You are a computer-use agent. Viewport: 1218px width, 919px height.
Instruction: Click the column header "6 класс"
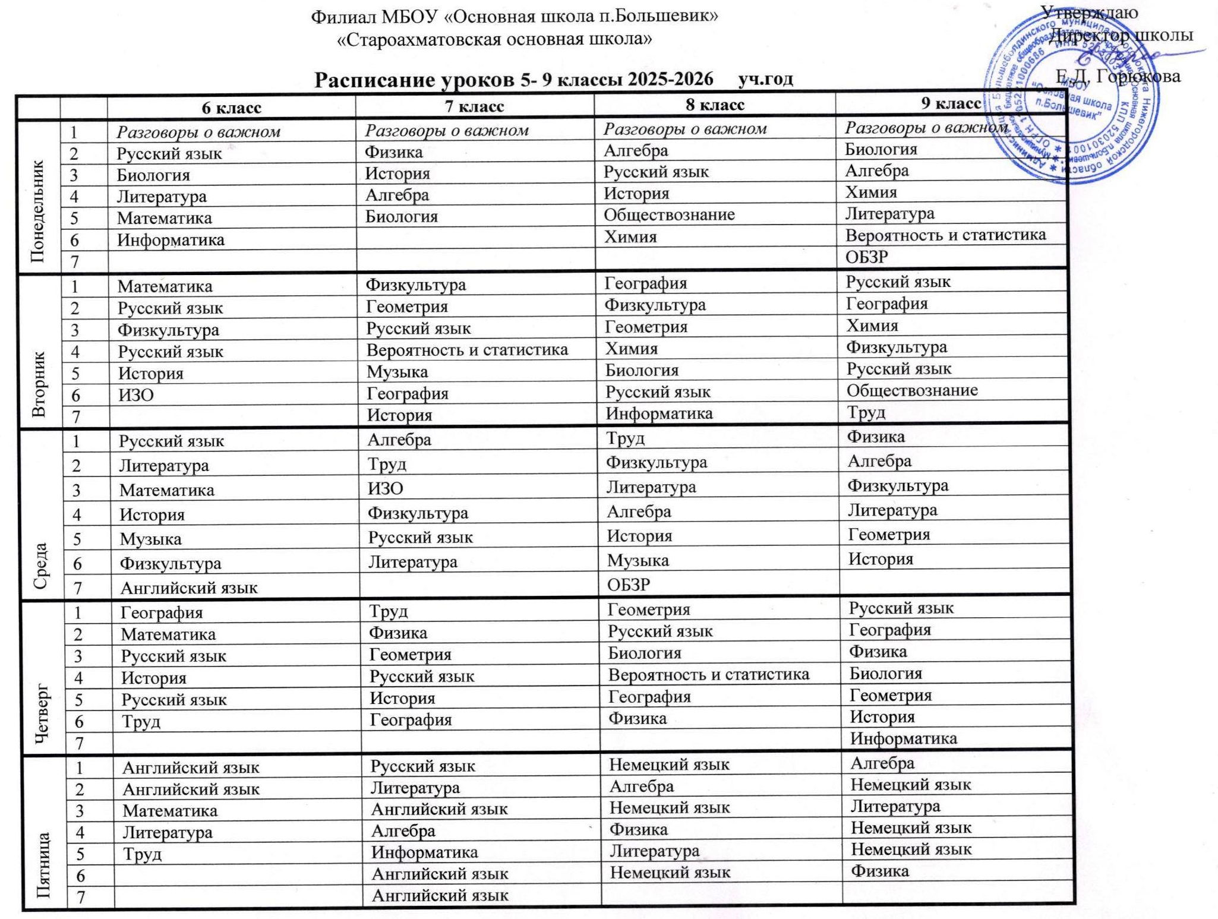pos(231,108)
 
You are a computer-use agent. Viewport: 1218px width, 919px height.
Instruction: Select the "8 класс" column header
pos(715,105)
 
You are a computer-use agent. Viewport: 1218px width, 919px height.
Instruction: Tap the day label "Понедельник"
pos(38,197)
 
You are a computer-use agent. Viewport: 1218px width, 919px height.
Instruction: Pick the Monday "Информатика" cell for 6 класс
pos(171,240)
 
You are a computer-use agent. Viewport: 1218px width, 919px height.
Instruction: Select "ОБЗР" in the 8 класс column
pos(628,585)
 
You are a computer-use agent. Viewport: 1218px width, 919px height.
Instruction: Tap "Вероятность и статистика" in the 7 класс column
pos(467,350)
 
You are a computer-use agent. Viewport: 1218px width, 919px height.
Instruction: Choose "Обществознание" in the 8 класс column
pos(669,214)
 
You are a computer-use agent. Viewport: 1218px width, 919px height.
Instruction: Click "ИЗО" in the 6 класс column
pos(136,395)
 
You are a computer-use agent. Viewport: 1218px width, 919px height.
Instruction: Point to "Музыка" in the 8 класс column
pos(638,560)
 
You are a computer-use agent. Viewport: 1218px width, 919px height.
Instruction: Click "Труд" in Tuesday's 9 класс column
pos(866,412)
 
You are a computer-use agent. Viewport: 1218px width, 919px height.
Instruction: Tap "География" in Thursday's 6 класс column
pos(162,612)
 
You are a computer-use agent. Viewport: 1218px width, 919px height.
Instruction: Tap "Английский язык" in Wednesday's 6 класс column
pos(189,588)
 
